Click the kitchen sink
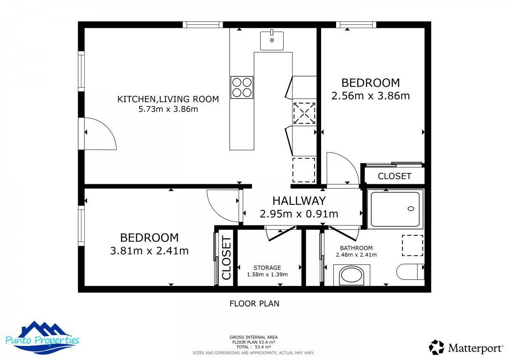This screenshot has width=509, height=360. point(272,40)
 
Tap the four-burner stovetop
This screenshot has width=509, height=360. point(242,87)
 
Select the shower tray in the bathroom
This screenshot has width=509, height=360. point(395,209)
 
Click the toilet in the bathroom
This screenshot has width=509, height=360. point(410,272)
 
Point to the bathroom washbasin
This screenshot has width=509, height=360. point(352,275)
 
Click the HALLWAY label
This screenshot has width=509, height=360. point(299,201)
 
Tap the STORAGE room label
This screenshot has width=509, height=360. point(267,268)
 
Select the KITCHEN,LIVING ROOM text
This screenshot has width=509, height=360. point(168,99)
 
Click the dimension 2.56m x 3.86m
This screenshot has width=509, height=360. point(370,96)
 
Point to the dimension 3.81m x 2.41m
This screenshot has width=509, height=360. point(150,251)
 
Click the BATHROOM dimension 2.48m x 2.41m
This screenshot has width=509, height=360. point(356,255)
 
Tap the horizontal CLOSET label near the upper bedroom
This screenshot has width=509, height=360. point(395,176)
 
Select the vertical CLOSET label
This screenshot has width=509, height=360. point(226,258)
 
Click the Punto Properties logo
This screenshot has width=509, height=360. point(42,338)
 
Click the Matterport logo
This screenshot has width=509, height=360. point(466,348)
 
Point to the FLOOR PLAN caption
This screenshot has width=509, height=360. point(254,304)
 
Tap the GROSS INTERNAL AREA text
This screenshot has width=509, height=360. point(254,337)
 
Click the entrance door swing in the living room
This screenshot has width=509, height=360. point(100,134)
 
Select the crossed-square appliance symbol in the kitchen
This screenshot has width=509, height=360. point(304,113)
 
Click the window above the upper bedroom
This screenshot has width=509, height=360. point(356,25)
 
